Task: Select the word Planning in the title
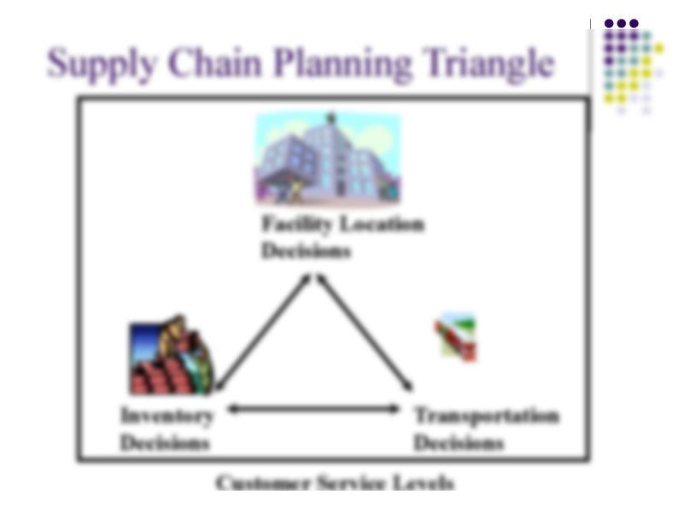click(342, 64)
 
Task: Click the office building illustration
click(328, 158)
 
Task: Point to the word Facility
click(297, 224)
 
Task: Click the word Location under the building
click(383, 224)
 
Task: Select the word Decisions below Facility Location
click(307, 251)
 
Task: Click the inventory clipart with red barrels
click(172, 355)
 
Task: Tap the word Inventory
click(167, 416)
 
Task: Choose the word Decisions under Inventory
click(165, 443)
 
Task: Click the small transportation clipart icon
click(455, 338)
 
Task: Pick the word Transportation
click(487, 416)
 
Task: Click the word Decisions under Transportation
click(459, 443)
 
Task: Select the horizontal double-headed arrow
click(313, 409)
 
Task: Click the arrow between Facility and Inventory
click(263, 332)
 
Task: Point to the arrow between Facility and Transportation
click(365, 333)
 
